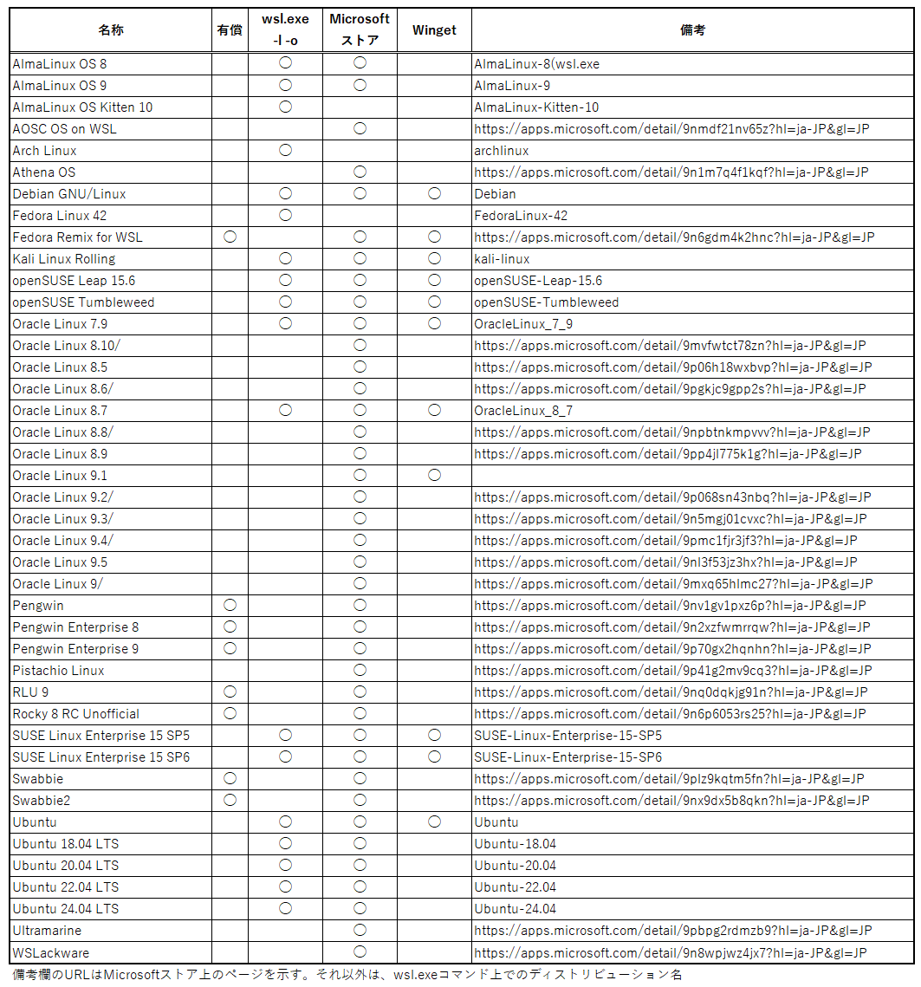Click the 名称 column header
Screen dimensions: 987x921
click(x=111, y=30)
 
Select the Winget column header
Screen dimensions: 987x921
click(x=434, y=30)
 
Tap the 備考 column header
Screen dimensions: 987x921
click(x=692, y=30)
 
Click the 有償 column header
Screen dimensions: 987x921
click(x=230, y=30)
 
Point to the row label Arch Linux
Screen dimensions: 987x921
click(x=44, y=151)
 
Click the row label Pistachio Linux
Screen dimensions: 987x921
click(x=58, y=671)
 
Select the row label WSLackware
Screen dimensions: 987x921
click(x=50, y=952)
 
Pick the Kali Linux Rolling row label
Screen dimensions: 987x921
click(x=63, y=259)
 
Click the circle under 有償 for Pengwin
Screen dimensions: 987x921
click(x=230, y=605)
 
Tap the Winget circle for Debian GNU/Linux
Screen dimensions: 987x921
click(x=434, y=193)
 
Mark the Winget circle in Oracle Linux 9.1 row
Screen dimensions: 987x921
click(x=434, y=475)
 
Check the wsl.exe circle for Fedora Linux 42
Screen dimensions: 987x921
click(x=285, y=215)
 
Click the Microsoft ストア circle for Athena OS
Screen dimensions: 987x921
click(x=360, y=172)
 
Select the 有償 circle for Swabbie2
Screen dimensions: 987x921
click(x=230, y=800)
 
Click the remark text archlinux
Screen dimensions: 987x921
click(x=501, y=151)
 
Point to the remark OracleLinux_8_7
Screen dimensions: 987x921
click(x=523, y=411)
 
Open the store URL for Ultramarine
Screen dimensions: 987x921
click(x=672, y=931)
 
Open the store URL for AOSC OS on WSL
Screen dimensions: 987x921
click(x=671, y=129)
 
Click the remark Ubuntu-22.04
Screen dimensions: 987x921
click(x=515, y=887)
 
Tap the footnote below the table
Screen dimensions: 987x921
click(x=347, y=975)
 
